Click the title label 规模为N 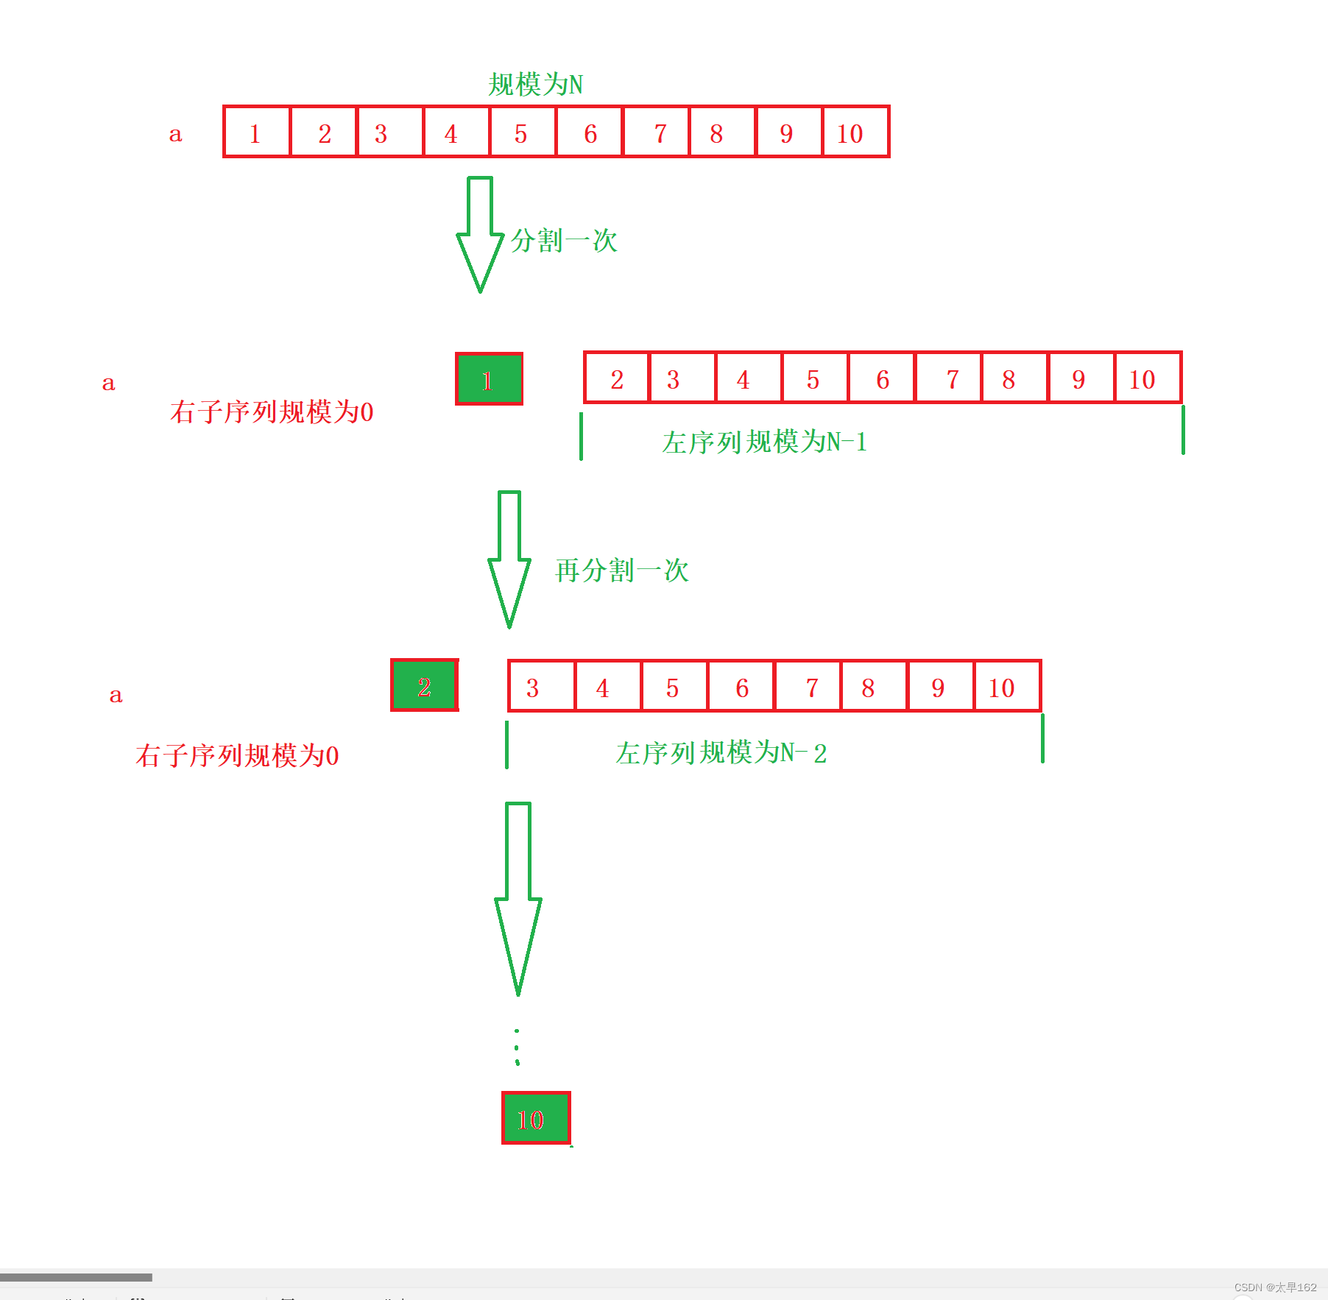535,85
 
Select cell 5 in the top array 522,133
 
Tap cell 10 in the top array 854,133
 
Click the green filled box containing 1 489,379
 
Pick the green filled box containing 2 424,685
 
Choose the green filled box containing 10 536,1118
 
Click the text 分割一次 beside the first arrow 564,241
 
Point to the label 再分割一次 621,570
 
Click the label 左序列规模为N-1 764,442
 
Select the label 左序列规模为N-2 721,753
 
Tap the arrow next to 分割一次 480,234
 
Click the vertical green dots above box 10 517,1048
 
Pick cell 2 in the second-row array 617,378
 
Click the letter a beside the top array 175,134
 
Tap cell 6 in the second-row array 882,378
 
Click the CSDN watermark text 1275,1287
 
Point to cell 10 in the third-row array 1006,687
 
